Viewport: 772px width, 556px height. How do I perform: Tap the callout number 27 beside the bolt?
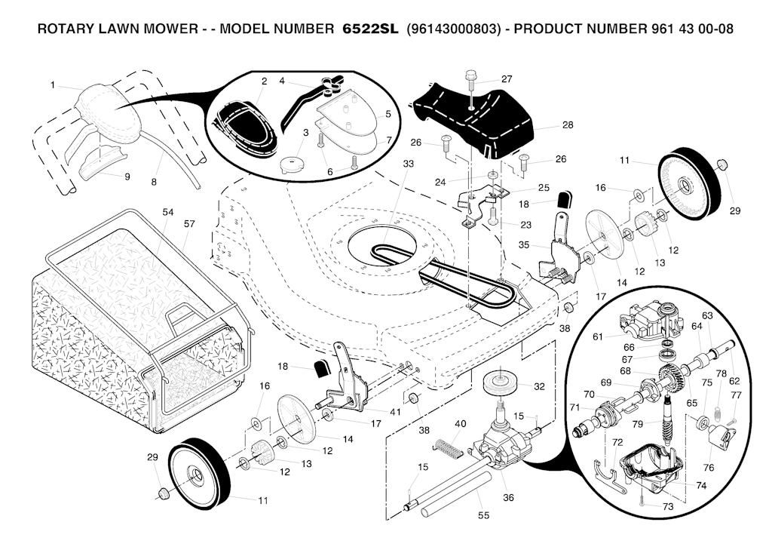point(507,78)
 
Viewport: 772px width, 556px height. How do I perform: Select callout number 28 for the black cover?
point(568,124)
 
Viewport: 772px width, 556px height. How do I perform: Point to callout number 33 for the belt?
point(409,163)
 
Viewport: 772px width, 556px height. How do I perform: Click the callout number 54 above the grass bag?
point(168,212)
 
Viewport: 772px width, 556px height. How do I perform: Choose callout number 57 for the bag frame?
point(189,224)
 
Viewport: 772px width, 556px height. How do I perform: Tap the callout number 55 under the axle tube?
point(483,515)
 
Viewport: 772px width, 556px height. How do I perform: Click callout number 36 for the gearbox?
point(508,498)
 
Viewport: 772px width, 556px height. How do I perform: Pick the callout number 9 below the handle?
point(127,177)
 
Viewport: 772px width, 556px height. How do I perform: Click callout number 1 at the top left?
point(54,85)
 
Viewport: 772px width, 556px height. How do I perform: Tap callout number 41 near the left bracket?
point(395,411)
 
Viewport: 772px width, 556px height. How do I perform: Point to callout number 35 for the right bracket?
point(524,244)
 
